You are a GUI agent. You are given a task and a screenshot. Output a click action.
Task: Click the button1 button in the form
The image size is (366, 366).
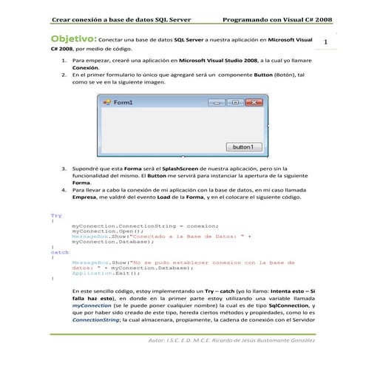(x=243, y=147)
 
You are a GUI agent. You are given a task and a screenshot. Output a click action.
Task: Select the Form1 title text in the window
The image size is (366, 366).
(x=123, y=102)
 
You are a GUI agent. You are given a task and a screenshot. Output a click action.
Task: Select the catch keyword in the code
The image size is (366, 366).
(x=58, y=252)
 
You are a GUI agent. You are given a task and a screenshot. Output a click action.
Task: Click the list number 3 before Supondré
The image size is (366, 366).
(x=64, y=169)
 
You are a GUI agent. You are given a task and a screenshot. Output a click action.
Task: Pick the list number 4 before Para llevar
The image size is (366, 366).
(x=64, y=190)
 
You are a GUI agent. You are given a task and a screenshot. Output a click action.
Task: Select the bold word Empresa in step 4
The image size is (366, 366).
(x=87, y=197)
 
